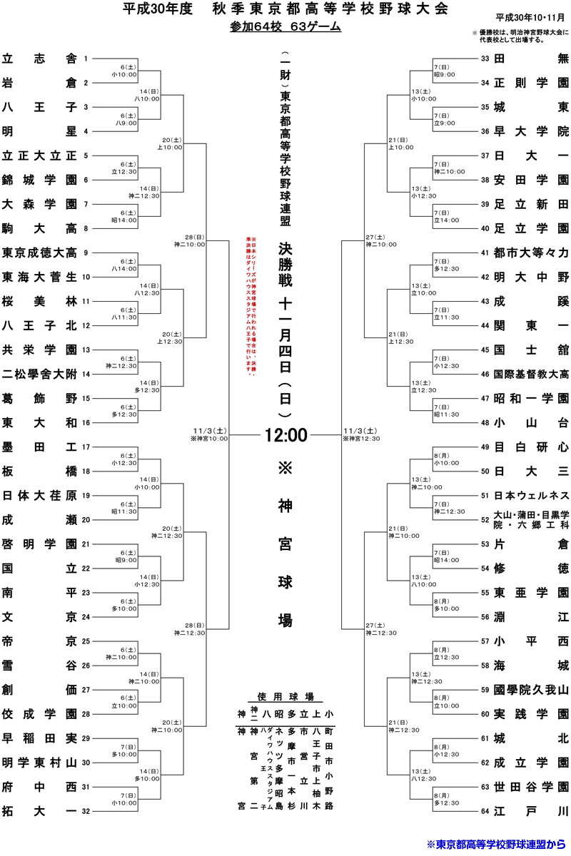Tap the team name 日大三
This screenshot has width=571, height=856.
(x=531, y=471)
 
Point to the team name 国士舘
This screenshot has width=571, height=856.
(x=531, y=350)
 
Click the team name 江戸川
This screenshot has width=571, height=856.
(x=531, y=810)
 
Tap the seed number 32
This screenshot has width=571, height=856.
(x=86, y=811)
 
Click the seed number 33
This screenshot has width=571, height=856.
(x=485, y=58)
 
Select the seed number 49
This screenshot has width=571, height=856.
(x=485, y=447)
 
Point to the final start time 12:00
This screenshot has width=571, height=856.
(x=285, y=434)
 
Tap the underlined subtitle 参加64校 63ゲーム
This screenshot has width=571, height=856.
(x=285, y=27)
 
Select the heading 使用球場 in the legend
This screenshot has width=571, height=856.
(x=285, y=696)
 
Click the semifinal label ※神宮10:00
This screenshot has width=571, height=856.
(x=209, y=439)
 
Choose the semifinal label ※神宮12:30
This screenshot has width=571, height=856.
(x=361, y=439)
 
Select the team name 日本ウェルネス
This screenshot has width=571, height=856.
(x=531, y=495)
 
